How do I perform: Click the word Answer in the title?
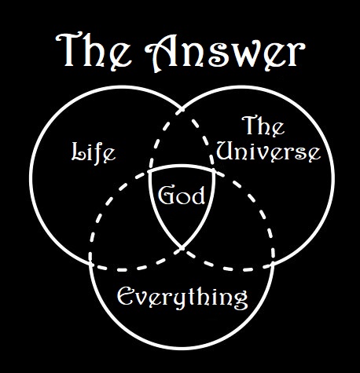[x=225, y=52]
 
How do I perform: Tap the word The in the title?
[x=94, y=50]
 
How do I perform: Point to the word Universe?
[x=268, y=152]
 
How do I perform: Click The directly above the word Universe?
[x=263, y=126]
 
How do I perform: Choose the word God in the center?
[x=182, y=196]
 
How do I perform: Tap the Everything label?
[x=182, y=297]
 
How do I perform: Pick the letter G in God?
[x=166, y=196]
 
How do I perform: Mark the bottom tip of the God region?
[x=182, y=247]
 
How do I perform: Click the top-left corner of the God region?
[x=149, y=172]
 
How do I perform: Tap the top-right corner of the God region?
[x=215, y=170]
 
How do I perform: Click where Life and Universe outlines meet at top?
[x=182, y=109]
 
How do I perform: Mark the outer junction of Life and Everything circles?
[x=90, y=263]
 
